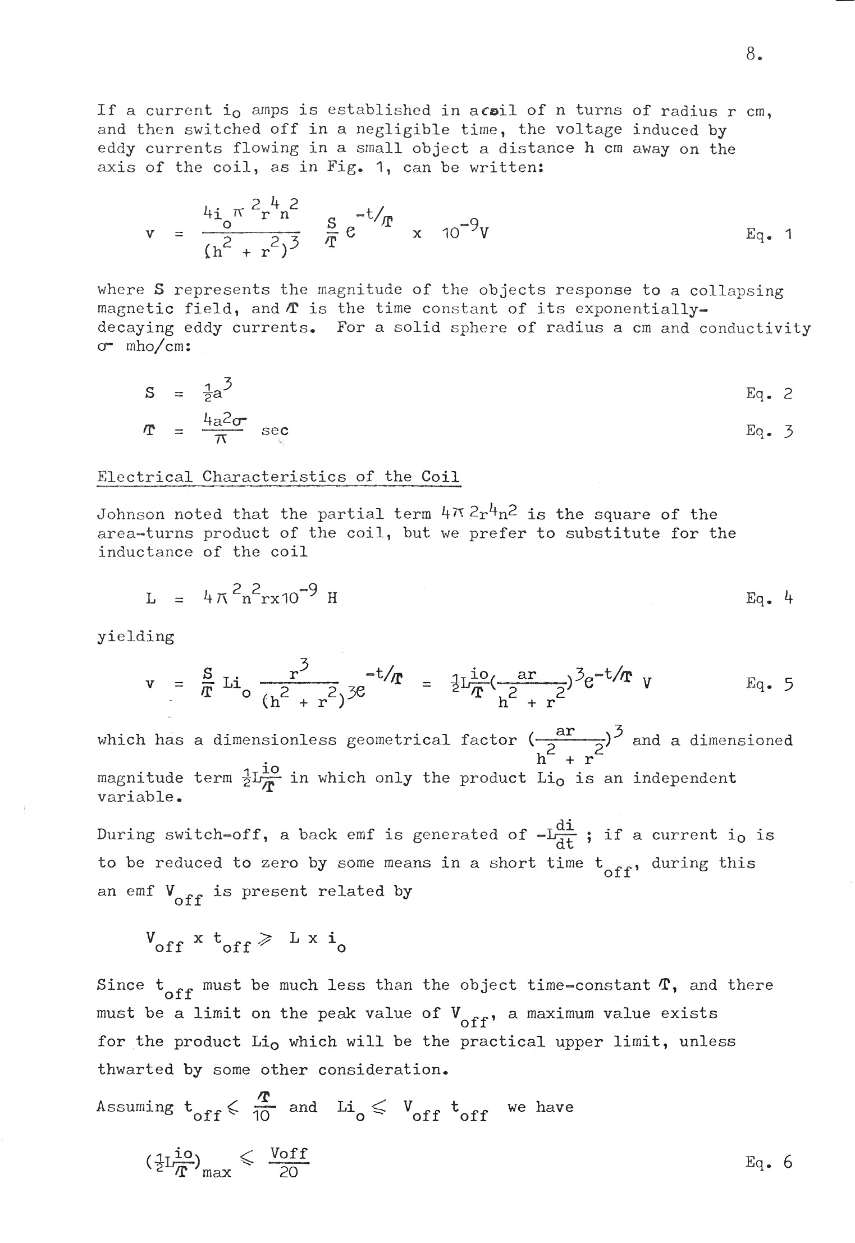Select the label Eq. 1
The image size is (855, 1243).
pyautogui.click(x=769, y=234)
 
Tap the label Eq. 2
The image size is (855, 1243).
pyautogui.click(x=769, y=393)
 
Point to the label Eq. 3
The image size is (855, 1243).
pyautogui.click(x=769, y=431)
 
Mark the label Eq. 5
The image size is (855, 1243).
pyautogui.click(x=769, y=683)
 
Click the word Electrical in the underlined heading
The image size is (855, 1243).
pyautogui.click(x=144, y=477)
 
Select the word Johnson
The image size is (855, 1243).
pyautogui.click(x=130, y=514)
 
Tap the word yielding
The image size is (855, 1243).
pyautogui.click(x=135, y=637)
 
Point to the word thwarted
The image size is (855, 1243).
pyautogui.click(x=135, y=1070)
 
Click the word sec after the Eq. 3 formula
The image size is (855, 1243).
pyautogui.click(x=275, y=431)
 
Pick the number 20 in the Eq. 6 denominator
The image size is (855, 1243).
pyautogui.click(x=289, y=1172)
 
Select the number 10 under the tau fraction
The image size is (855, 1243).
pyautogui.click(x=261, y=1116)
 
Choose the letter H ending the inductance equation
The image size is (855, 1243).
pyautogui.click(x=332, y=598)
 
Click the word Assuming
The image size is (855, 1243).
pyautogui.click(x=135, y=1107)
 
